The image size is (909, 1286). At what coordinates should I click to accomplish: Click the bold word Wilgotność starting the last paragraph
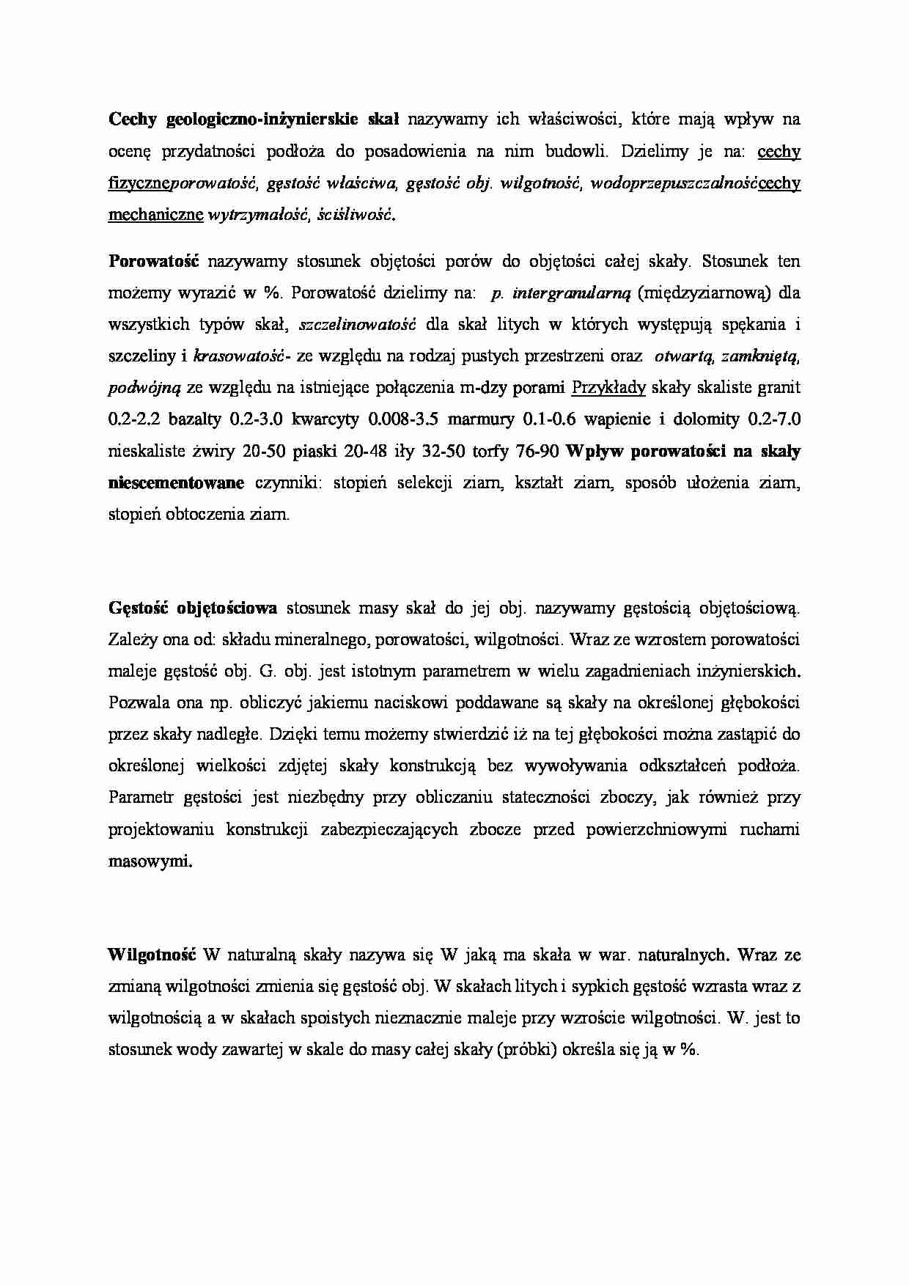[152, 955]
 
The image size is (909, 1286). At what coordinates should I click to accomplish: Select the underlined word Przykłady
[608, 387]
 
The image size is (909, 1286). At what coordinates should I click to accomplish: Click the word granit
[779, 387]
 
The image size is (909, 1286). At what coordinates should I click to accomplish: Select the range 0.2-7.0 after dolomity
[774, 419]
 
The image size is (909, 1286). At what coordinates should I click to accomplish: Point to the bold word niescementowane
[176, 482]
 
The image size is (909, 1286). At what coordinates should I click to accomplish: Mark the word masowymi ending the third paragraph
[150, 861]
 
